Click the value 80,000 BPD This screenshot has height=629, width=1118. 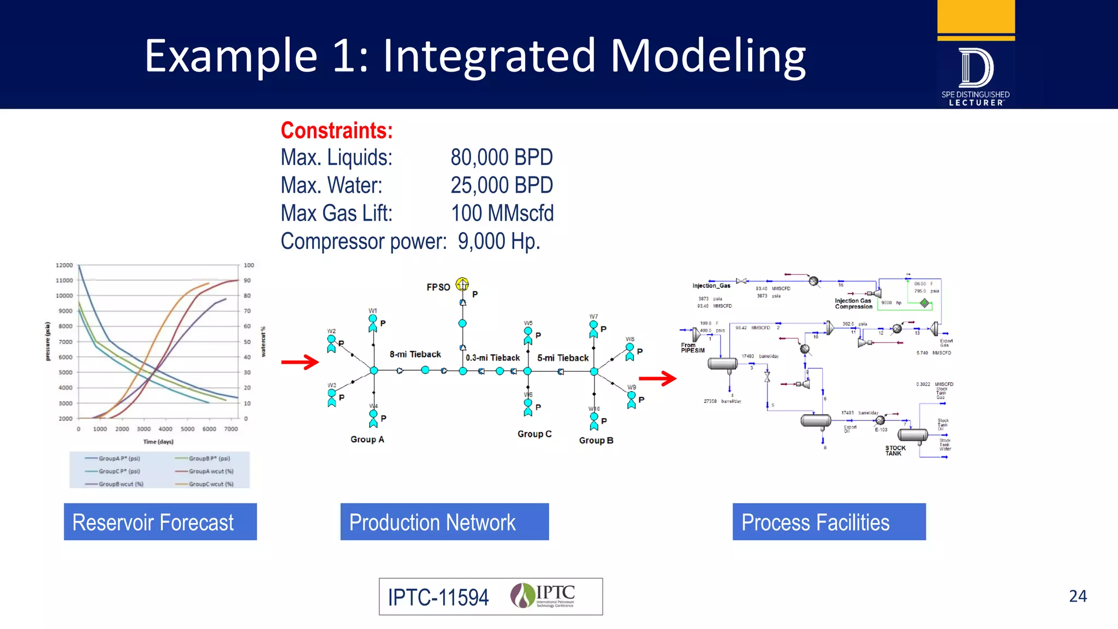pos(501,158)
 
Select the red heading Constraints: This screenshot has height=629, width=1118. pos(336,130)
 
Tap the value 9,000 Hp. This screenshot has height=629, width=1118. pos(498,241)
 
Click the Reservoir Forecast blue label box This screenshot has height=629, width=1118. pos(160,522)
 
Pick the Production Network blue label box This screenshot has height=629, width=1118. pos(444,522)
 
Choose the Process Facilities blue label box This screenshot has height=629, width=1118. pos(829,522)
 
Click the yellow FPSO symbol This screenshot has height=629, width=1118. pos(462,284)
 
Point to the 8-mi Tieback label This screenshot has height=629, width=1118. pos(415,354)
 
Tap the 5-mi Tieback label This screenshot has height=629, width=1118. pos(563,358)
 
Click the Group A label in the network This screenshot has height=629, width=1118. pos(367,440)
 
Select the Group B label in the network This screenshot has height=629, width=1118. pos(596,441)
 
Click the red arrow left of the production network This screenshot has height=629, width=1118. pos(300,362)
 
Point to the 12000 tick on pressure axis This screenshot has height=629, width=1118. pos(64,265)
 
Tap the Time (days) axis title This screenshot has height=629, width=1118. pos(158,442)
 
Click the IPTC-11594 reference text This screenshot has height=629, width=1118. pos(438,597)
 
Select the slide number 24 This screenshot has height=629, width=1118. pos(1078,596)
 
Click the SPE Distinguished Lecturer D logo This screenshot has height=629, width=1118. pos(976,68)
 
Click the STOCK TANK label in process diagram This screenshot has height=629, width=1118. pos(895,450)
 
